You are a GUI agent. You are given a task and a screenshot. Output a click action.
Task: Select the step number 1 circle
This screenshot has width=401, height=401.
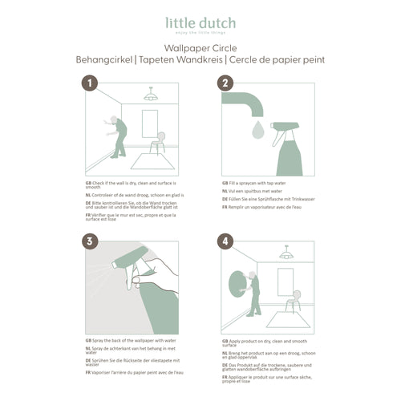[91, 83]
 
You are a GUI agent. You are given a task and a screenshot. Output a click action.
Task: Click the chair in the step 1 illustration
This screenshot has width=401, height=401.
[160, 144]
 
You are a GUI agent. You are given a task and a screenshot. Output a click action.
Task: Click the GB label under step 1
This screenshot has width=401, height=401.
[88, 183]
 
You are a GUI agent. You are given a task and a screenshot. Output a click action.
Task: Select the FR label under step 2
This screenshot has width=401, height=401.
[224, 208]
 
